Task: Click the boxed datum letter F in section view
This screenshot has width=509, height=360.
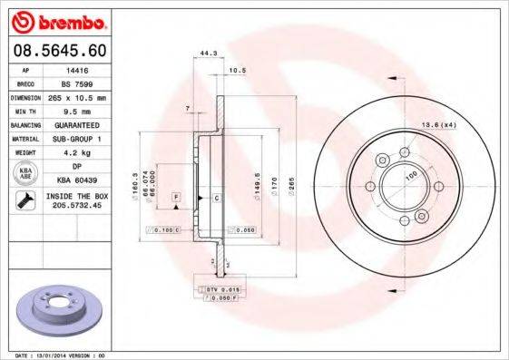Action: pyautogui.click(x=174, y=197)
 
